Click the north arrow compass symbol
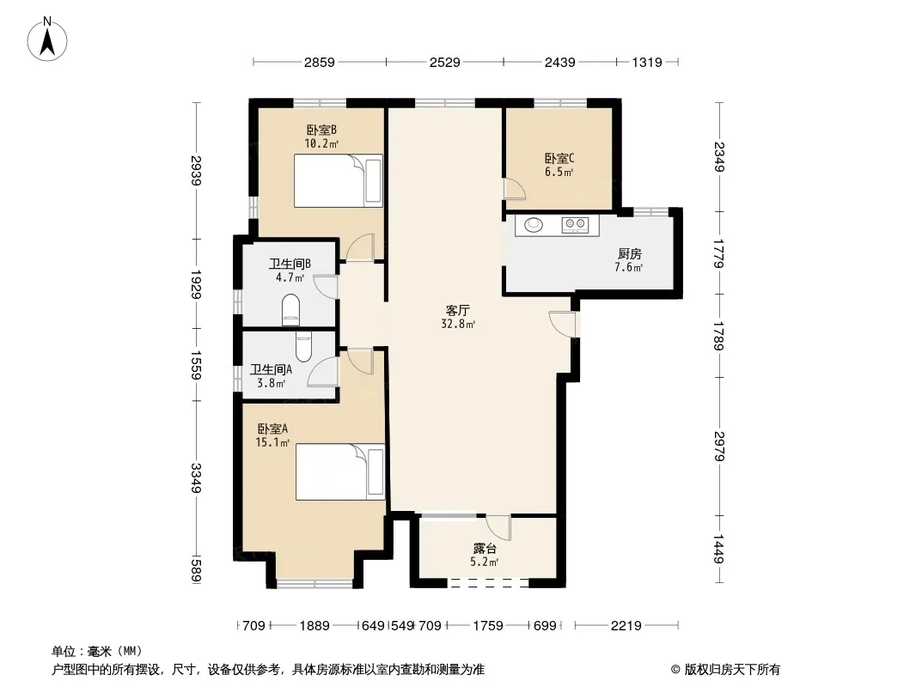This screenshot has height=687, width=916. (x=47, y=40)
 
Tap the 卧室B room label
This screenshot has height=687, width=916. (x=321, y=130)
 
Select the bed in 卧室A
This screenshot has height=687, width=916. (x=340, y=471)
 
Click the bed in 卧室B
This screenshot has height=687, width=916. (x=339, y=180)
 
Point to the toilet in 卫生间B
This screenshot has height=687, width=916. (x=291, y=310)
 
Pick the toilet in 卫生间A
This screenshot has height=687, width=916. (x=304, y=347)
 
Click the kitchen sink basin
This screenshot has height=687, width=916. (x=534, y=225)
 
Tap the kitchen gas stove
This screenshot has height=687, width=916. (x=574, y=225)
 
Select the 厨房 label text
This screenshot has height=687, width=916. (x=630, y=254)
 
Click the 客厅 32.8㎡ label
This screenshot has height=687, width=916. (x=458, y=316)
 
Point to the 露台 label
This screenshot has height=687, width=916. (x=485, y=549)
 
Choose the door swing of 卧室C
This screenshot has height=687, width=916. (x=516, y=190)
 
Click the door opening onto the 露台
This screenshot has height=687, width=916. (x=498, y=528)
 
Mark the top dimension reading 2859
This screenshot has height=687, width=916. (x=319, y=62)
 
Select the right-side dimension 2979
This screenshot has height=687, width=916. (x=719, y=446)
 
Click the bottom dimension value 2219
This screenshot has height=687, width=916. (x=626, y=626)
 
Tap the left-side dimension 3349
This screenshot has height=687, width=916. (x=196, y=478)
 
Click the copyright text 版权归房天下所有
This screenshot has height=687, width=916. (x=732, y=670)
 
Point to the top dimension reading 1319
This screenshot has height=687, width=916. (x=647, y=62)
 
